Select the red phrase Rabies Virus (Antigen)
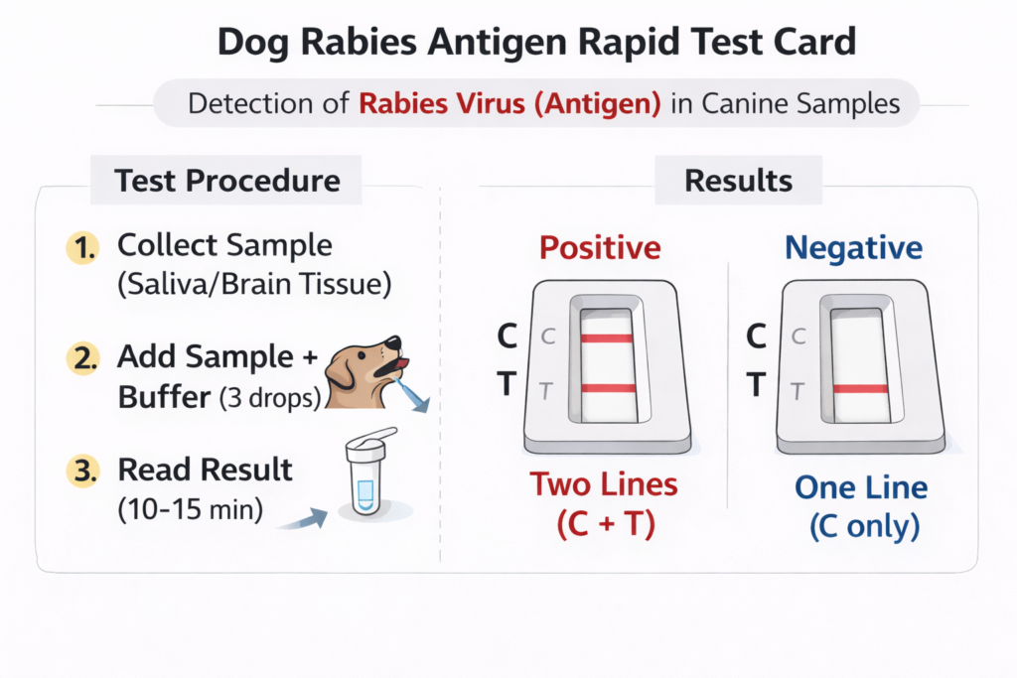tap(509, 103)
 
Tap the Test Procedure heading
tap(227, 181)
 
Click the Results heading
tap(738, 181)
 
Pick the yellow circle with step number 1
tap(83, 247)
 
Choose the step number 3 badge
tap(83, 471)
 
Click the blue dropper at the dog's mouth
tap(410, 395)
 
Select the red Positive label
tap(600, 247)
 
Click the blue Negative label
tap(853, 247)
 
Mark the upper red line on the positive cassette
tap(607, 339)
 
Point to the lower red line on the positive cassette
tap(609, 388)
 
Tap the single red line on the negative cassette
tap(860, 389)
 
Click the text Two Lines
tap(604, 484)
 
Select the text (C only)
tap(865, 526)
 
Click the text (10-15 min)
tap(191, 509)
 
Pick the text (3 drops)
tap(270, 398)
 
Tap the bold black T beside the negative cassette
tap(756, 384)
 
